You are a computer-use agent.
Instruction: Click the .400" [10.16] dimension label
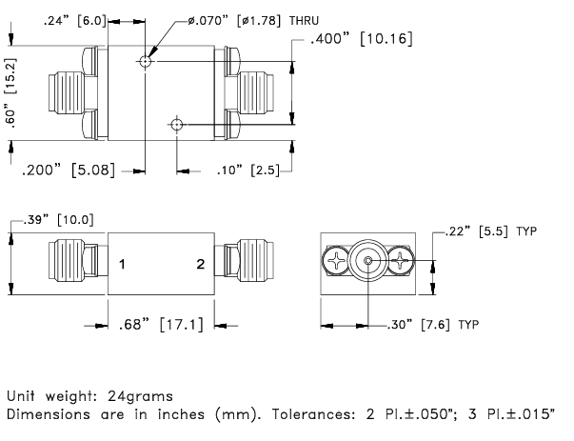tap(362, 38)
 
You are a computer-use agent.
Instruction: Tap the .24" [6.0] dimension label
tap(75, 21)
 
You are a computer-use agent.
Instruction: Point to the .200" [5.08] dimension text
tap(69, 170)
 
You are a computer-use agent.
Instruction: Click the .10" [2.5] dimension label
tap(247, 170)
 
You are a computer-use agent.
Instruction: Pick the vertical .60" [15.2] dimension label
tap(11, 92)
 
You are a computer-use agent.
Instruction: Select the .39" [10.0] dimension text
tap(59, 220)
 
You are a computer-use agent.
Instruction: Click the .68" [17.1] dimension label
tap(161, 325)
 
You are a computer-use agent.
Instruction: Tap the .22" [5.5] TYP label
tap(491, 231)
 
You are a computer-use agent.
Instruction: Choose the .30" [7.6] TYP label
tap(433, 325)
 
